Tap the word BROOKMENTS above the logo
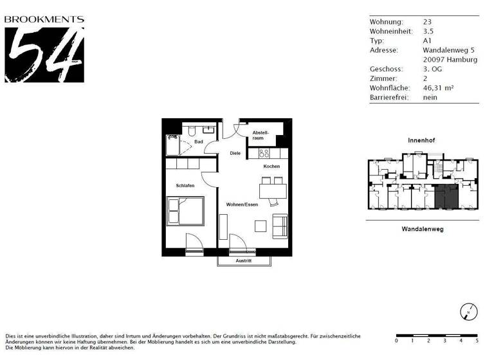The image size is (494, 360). [44, 19]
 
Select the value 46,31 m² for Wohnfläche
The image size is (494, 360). [439, 87]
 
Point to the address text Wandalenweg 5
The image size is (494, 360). [449, 50]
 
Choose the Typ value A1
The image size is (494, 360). [427, 40]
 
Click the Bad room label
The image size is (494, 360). [199, 141]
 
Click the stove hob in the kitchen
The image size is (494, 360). [263, 154]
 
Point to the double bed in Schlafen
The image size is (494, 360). [185, 211]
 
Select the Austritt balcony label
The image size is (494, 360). [244, 261]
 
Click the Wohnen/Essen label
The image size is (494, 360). [242, 204]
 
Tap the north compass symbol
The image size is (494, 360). [468, 312]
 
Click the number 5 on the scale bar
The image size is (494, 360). [477, 341]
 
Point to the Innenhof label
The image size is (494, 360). [423, 140]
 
